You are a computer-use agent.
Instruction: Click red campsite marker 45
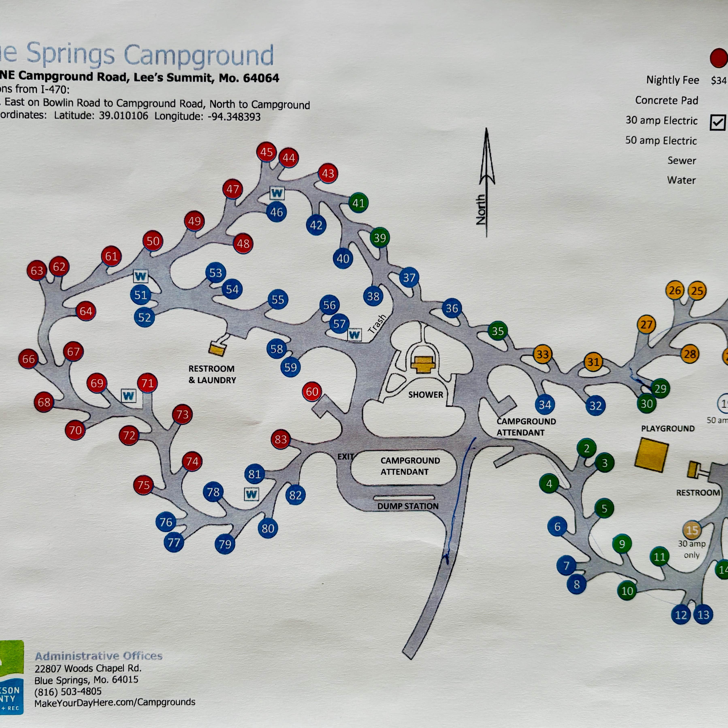266,152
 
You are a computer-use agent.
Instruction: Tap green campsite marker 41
358,203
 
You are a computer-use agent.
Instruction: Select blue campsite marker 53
215,272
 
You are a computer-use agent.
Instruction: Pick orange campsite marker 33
543,354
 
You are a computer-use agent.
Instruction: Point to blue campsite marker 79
225,544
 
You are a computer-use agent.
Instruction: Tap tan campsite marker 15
692,530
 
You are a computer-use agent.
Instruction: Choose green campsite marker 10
627,591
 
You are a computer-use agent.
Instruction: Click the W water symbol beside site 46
277,193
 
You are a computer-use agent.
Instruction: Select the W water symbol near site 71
129,396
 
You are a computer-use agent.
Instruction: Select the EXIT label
345,456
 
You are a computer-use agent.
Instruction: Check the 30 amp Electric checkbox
717,122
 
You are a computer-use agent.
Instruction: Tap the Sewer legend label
682,161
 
